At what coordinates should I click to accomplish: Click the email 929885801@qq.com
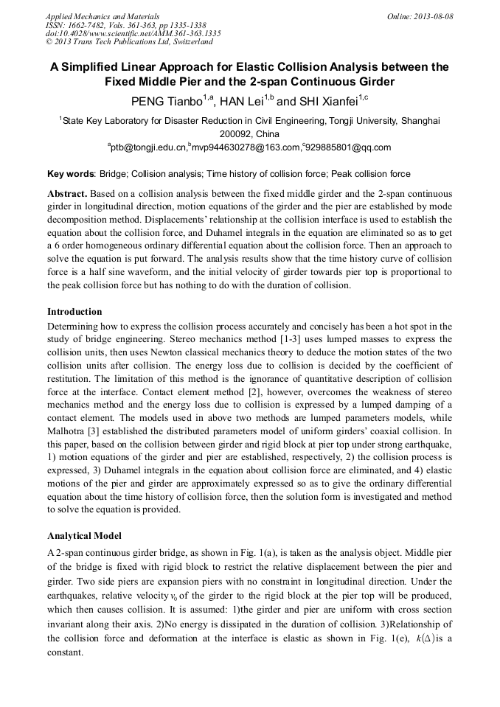(347, 147)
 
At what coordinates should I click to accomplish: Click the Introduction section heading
(74, 312)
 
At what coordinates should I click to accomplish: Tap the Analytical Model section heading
(84, 535)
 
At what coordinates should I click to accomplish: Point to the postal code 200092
(235, 134)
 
